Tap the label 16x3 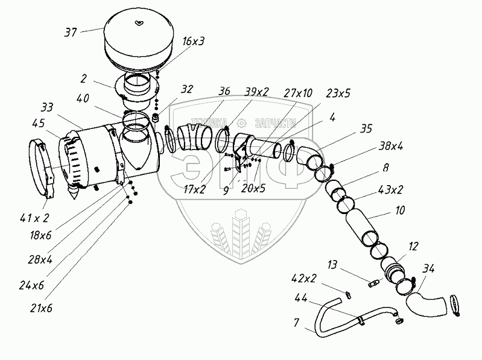(194, 41)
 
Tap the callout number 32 (186, 89)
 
